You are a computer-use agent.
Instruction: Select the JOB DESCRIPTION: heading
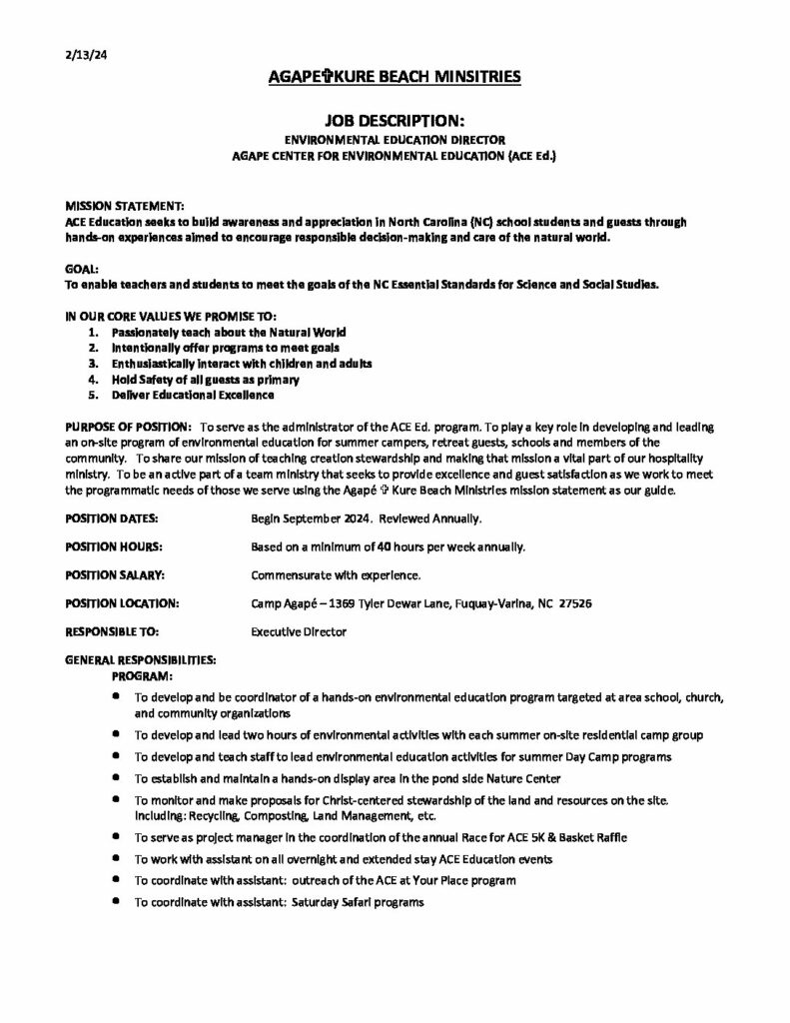(x=395, y=118)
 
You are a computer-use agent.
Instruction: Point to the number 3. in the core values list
(x=93, y=364)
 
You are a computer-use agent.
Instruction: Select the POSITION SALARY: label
(x=114, y=575)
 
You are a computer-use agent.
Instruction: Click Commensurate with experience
(x=336, y=575)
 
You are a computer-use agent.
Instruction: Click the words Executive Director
(x=299, y=631)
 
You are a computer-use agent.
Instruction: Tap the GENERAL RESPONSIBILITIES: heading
(x=140, y=660)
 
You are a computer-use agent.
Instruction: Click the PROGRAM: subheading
(x=142, y=675)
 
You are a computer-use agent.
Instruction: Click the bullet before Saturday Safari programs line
(x=117, y=902)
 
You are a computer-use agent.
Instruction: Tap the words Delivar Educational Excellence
(x=193, y=396)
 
